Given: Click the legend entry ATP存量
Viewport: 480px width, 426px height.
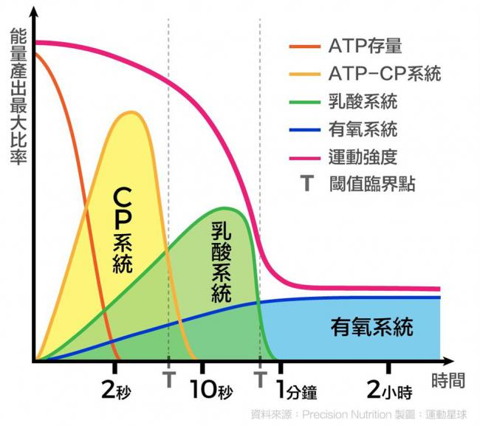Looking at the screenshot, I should (366, 47).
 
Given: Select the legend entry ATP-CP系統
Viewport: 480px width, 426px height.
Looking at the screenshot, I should (384, 74).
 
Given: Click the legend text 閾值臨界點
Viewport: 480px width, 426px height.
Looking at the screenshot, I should (372, 184).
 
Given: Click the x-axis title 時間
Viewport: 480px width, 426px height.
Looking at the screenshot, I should (450, 380).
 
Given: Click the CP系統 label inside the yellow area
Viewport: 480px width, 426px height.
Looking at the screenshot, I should (123, 229).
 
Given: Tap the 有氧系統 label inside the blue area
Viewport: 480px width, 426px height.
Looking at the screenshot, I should (371, 326).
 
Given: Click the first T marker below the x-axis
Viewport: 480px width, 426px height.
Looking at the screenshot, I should (168, 379).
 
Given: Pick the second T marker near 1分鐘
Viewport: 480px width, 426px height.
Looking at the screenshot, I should (260, 379).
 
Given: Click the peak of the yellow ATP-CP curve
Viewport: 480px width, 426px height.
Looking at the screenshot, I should (131, 112).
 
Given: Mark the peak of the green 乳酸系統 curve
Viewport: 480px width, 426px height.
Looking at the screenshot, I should (225, 208).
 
